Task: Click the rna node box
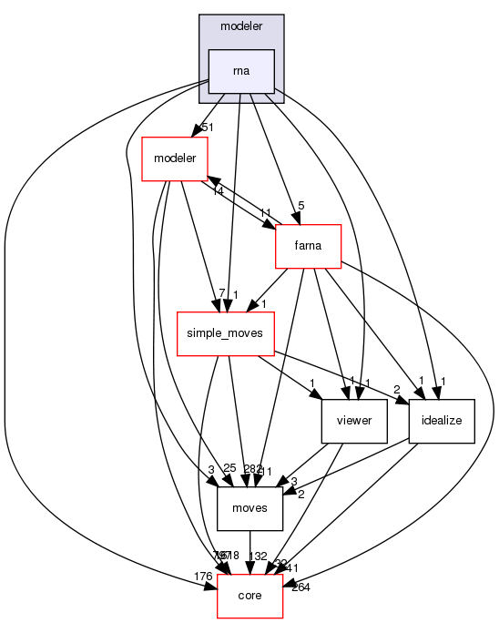[241, 72]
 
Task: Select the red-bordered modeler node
[176, 158]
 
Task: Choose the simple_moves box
[225, 333]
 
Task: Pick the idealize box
[442, 422]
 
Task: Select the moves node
[249, 508]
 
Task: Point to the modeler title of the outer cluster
[240, 28]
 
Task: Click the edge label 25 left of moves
[229, 468]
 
